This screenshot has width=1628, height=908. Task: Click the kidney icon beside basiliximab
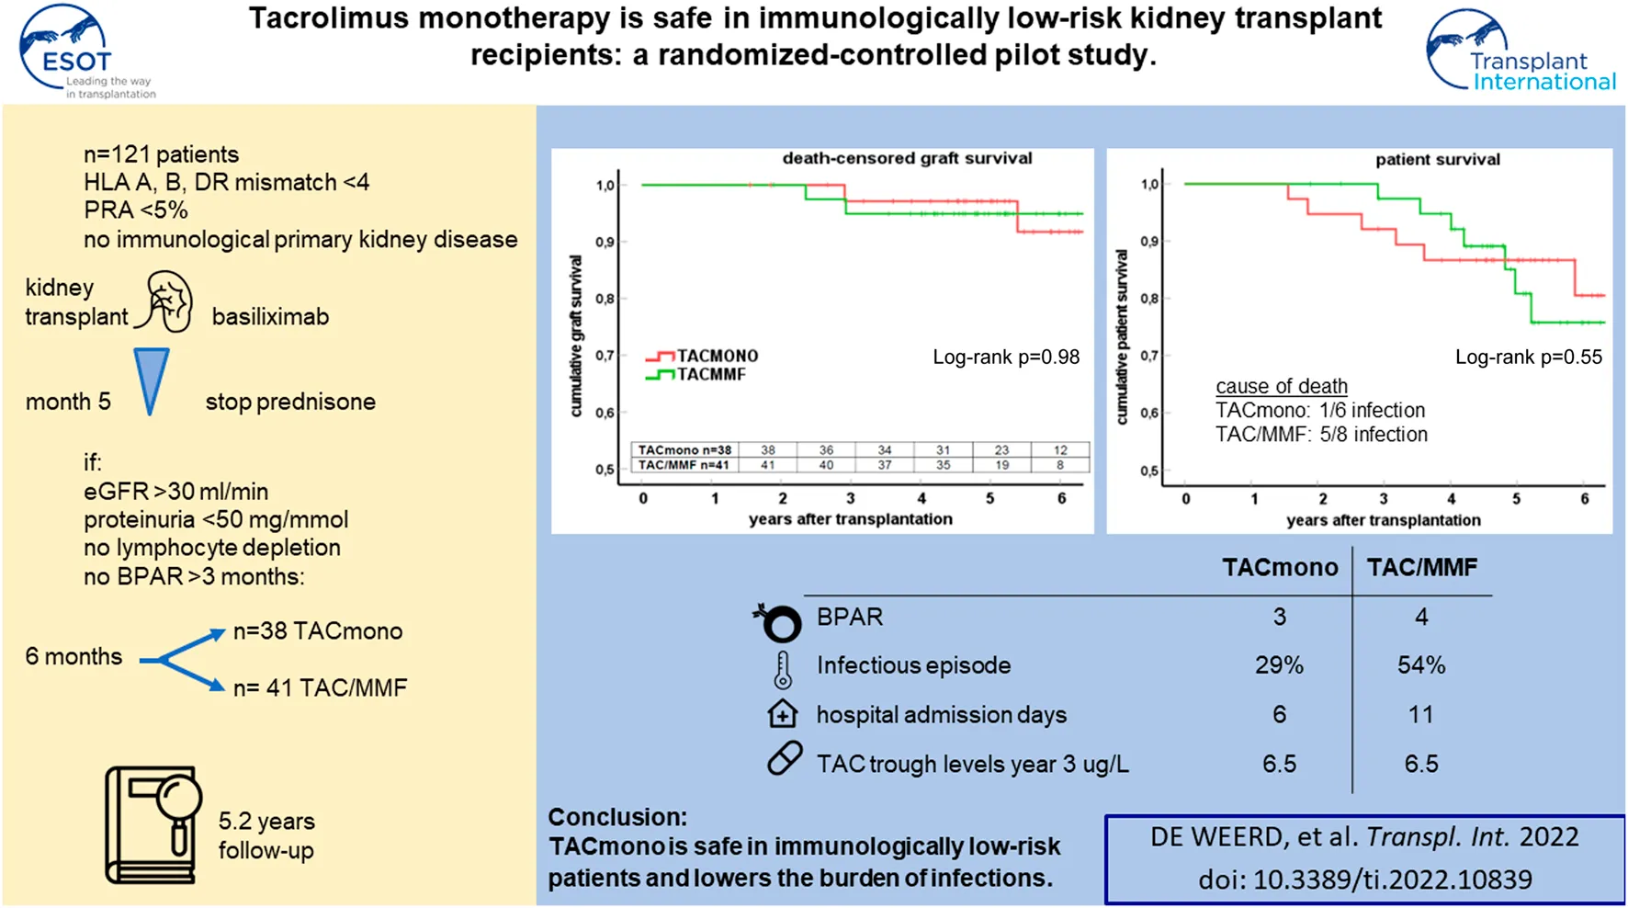point(168,301)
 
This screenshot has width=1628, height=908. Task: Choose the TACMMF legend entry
point(698,374)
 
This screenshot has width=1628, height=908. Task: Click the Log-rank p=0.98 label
point(1006,357)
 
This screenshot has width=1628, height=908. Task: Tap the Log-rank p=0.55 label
point(1528,357)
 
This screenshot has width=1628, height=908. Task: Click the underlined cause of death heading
point(1281,386)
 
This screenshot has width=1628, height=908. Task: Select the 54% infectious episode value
point(1420,665)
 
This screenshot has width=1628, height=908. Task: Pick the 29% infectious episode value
point(1279,665)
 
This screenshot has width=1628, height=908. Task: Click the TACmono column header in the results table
point(1279,567)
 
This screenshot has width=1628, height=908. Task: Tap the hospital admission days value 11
point(1420,714)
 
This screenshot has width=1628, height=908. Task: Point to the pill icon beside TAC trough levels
point(785,759)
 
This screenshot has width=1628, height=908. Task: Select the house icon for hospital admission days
point(782,714)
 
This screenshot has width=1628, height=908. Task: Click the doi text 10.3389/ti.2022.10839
point(1365,880)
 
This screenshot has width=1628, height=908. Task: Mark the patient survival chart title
point(1437,159)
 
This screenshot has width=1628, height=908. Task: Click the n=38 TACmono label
point(318,631)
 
